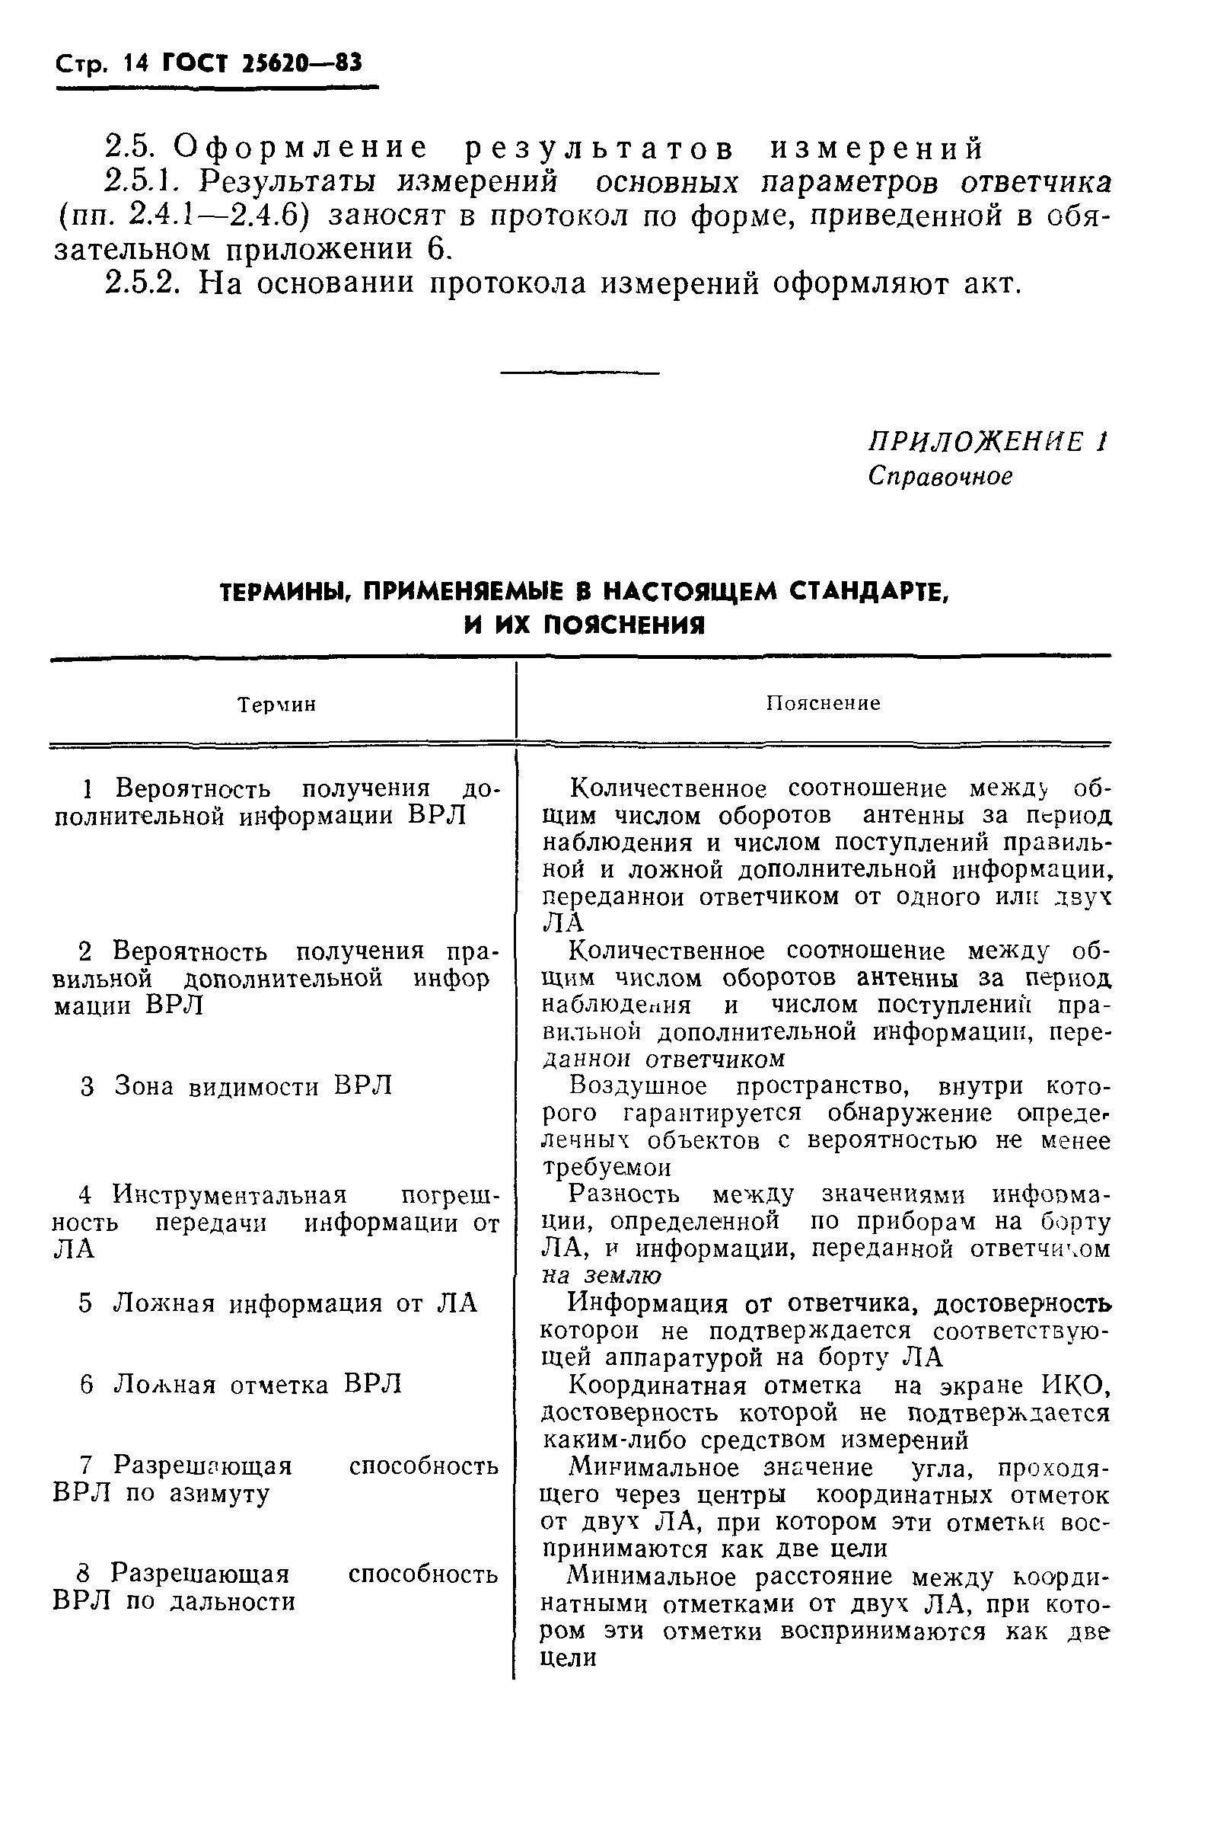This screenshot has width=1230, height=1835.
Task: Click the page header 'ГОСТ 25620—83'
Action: (262, 63)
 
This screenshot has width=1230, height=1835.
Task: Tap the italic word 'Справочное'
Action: (940, 476)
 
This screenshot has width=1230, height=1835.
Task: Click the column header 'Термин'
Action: (276, 705)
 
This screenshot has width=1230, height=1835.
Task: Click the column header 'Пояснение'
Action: (823, 703)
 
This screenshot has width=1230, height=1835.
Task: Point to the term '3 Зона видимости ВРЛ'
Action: (236, 1086)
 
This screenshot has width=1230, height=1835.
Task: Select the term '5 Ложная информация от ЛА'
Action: (278, 1303)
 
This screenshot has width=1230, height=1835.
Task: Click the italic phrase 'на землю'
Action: (601, 1275)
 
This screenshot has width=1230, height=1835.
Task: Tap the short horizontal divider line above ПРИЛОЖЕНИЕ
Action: (579, 372)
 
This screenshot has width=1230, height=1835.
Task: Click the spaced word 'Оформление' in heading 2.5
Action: (301, 148)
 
